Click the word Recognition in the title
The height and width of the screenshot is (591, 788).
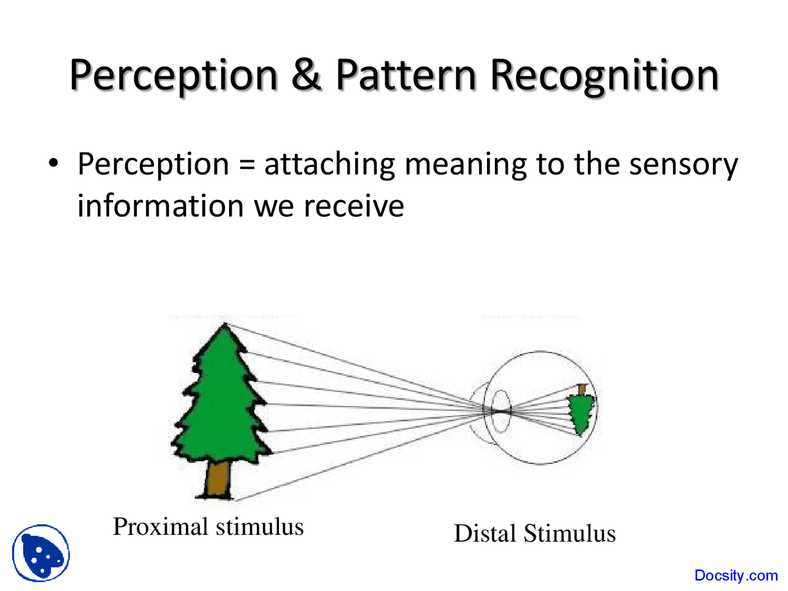(x=605, y=76)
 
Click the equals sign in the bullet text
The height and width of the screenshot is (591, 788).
(x=246, y=165)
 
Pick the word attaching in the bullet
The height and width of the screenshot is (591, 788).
(x=329, y=165)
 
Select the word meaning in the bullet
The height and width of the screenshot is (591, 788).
(x=465, y=165)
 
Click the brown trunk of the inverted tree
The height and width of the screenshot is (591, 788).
(x=582, y=389)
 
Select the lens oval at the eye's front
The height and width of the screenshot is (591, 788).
(x=501, y=410)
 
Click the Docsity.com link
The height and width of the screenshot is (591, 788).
(x=736, y=575)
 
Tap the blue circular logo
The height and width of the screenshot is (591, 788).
(x=41, y=553)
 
